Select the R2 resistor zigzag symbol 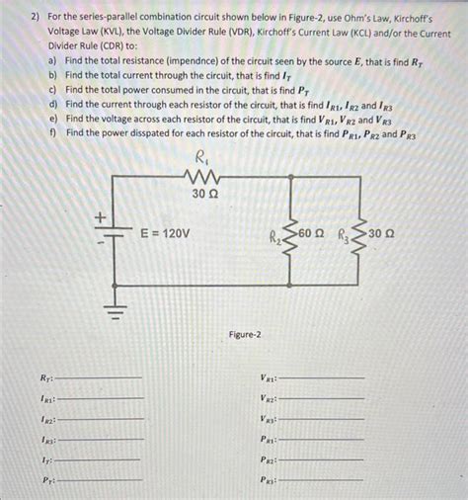(x=288, y=237)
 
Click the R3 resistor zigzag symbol (x=358, y=237)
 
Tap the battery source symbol (x=116, y=237)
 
